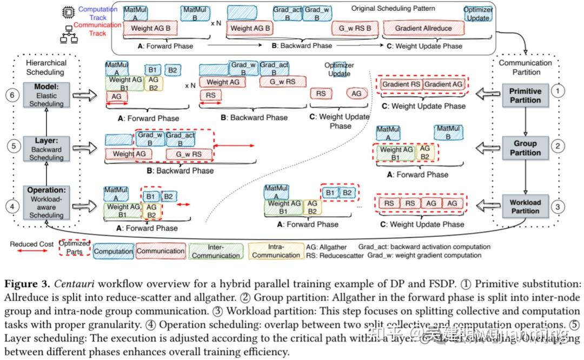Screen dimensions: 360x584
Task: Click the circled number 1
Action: click(x=558, y=91)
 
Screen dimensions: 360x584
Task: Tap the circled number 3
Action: click(x=558, y=206)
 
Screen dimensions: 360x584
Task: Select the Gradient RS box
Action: click(x=402, y=84)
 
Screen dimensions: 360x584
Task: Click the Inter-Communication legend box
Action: click(x=215, y=251)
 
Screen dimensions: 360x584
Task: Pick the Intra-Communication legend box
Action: click(x=276, y=251)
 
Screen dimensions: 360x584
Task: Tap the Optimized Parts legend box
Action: click(x=74, y=248)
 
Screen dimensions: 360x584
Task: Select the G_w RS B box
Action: click(x=354, y=28)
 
